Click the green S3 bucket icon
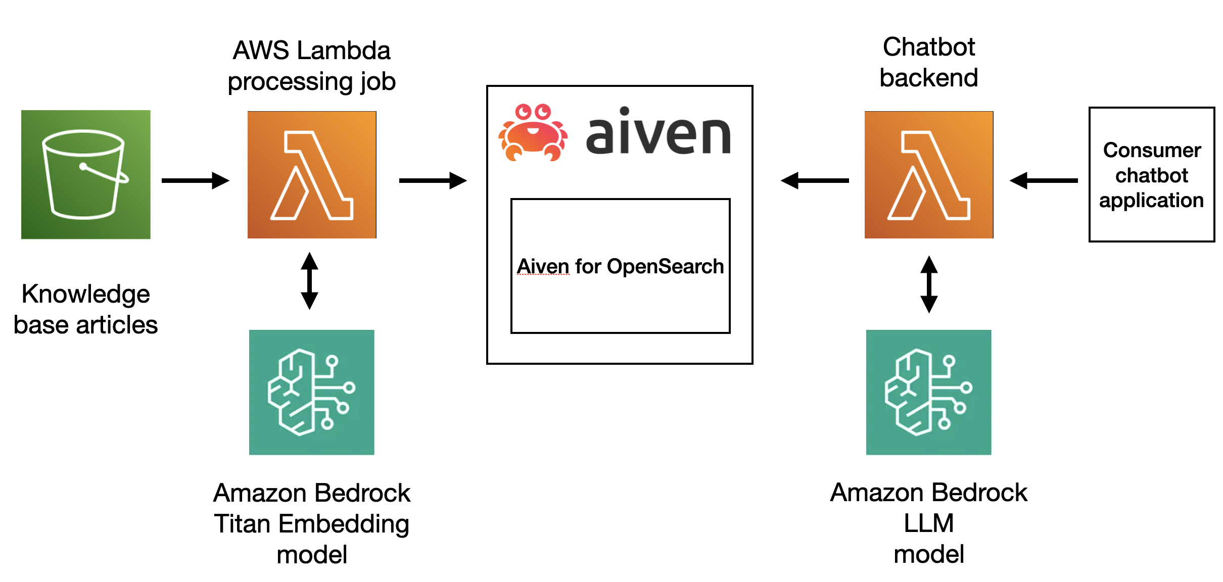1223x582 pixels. [85, 174]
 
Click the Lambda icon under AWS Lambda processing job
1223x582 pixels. [312, 175]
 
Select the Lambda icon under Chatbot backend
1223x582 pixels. [929, 175]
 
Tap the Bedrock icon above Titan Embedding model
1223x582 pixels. [312, 392]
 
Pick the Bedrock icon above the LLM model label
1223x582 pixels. [929, 392]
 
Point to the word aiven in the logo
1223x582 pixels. [658, 132]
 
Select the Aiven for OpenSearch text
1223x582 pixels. [620, 266]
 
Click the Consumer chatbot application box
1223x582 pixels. [1152, 175]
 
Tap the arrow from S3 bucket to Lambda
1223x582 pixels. [196, 180]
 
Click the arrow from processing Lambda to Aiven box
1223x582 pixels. [433, 180]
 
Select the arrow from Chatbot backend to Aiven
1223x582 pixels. [815, 180]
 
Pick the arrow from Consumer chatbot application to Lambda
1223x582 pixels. [1044, 180]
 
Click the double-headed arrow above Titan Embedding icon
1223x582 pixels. [309, 281]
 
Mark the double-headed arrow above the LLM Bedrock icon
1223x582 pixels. [929, 284]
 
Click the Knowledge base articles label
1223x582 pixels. [85, 309]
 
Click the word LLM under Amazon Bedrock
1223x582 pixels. [929, 523]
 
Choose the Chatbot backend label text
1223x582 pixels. [929, 62]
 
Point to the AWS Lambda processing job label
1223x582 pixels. [312, 66]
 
